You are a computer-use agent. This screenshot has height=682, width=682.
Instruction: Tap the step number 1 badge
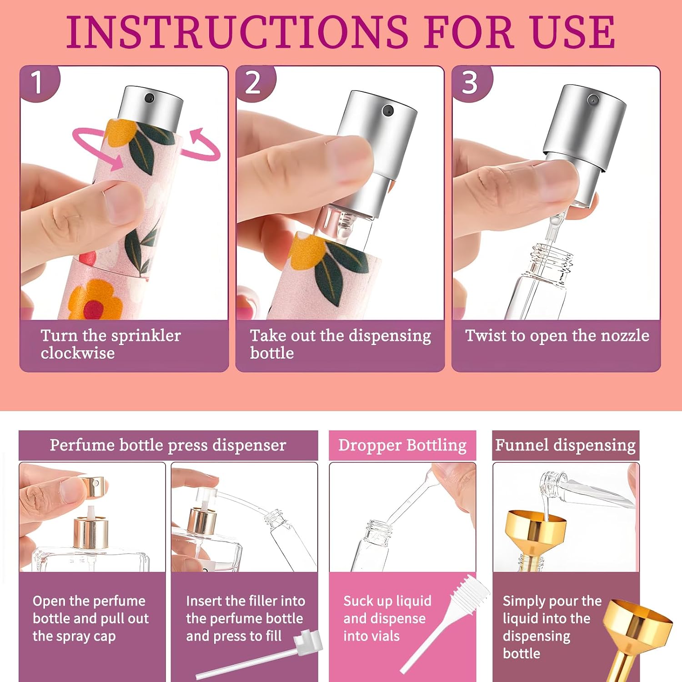pos(39,83)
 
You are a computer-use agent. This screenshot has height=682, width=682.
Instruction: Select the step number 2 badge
pos(255,83)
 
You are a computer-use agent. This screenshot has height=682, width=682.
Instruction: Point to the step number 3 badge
pos(471,83)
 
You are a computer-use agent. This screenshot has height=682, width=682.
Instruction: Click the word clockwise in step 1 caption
pos(78,353)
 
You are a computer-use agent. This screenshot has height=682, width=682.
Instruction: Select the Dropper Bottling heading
pos(402,445)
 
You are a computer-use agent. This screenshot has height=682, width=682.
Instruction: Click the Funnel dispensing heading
pos(565,445)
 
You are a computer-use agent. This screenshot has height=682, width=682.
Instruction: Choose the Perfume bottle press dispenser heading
pos(168,445)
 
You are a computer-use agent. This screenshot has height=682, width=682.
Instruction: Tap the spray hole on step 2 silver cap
pos(388,110)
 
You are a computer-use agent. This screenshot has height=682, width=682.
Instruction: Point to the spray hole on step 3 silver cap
pos(592,99)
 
